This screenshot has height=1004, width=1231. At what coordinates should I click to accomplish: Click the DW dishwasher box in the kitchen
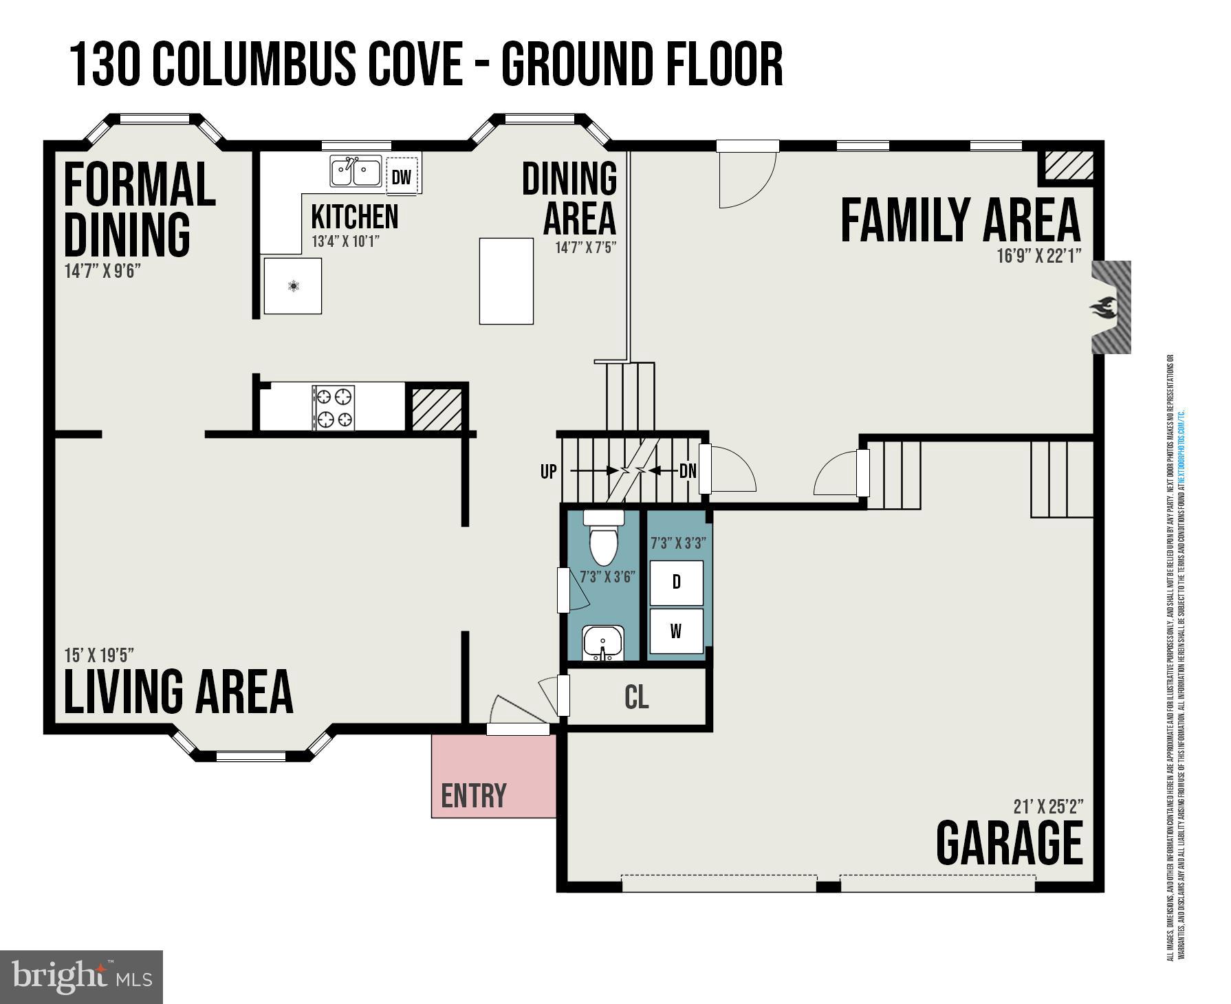(x=402, y=177)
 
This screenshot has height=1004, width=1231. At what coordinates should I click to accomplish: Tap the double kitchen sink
(x=356, y=171)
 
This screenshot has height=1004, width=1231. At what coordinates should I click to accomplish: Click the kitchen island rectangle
(x=506, y=281)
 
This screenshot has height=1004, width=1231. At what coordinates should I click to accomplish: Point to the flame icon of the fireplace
(x=1103, y=307)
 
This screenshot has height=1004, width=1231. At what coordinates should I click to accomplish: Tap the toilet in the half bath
(x=604, y=538)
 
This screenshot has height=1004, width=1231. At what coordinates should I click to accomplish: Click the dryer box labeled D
(x=676, y=582)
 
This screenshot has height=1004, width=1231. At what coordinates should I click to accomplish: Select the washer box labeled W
(x=676, y=631)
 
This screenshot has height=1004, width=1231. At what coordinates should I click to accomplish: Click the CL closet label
(x=636, y=697)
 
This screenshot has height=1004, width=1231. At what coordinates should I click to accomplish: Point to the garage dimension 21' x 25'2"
(x=1048, y=806)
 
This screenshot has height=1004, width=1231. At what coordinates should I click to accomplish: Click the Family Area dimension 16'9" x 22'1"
(x=1038, y=256)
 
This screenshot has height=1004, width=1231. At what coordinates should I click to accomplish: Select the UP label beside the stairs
(x=548, y=472)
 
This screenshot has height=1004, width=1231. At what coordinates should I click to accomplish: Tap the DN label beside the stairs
(x=688, y=472)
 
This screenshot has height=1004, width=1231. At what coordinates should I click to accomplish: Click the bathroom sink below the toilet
(x=603, y=643)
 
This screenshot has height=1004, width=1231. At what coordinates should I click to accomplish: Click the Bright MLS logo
(x=81, y=976)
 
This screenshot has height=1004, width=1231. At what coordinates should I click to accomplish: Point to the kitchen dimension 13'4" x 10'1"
(x=345, y=241)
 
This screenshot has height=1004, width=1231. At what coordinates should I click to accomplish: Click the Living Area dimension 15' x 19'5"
(x=99, y=655)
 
